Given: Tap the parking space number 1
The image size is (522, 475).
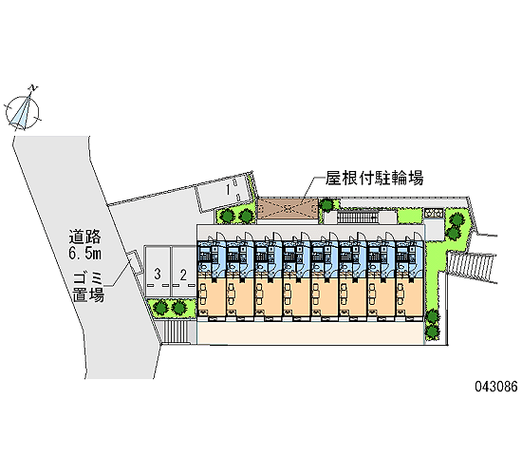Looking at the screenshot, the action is (x=228, y=190).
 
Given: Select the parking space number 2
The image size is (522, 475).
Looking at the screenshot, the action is (x=183, y=275).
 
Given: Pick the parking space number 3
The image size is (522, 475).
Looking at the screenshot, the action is (x=158, y=275).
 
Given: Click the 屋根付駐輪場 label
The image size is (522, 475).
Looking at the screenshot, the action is (x=374, y=178).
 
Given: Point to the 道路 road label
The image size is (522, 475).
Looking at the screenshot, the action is (x=84, y=237).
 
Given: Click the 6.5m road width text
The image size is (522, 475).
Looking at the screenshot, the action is (x=84, y=254).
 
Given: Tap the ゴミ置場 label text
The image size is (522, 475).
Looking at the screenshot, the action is (x=88, y=287).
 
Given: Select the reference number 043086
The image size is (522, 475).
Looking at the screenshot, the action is (x=496, y=387).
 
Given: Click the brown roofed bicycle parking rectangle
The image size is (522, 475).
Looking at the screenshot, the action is (x=288, y=209).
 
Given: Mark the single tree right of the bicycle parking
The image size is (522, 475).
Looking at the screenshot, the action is (x=326, y=204).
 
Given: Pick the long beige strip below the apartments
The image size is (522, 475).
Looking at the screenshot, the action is (x=310, y=333).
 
